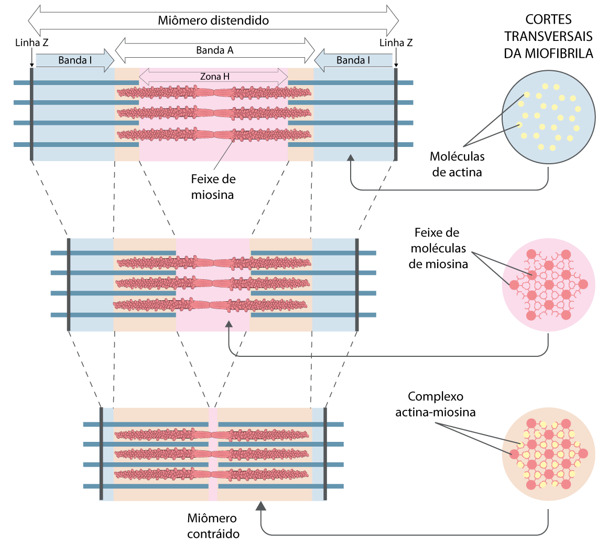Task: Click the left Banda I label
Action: [x=74, y=60]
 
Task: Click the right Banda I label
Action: [x=353, y=60]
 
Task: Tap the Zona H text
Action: [x=214, y=77]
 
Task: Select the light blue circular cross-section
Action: [x=548, y=118]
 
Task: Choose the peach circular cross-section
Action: [x=548, y=453]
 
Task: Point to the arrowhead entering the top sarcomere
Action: [x=351, y=157]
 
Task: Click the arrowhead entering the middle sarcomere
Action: [x=229, y=325]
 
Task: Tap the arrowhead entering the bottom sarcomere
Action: [x=260, y=506]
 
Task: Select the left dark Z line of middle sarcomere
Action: [x=69, y=284]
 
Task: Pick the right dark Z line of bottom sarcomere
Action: [x=325, y=453]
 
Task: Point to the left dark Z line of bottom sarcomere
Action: [x=101, y=453]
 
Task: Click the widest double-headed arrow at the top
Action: [x=213, y=21]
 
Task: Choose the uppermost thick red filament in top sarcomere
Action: [x=214, y=93]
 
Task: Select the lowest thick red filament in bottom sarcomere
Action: [x=211, y=474]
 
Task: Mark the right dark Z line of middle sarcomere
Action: [x=357, y=284]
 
